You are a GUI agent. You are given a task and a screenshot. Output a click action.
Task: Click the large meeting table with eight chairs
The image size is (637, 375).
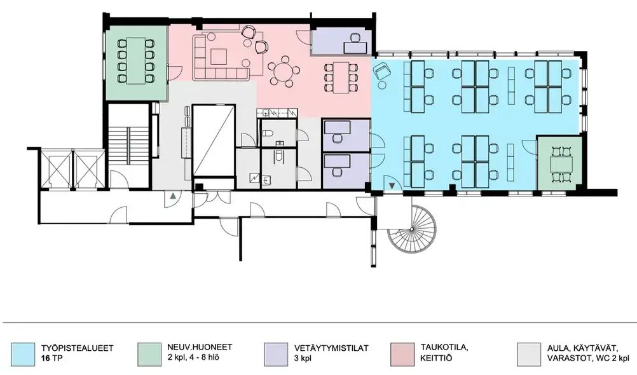(136, 60)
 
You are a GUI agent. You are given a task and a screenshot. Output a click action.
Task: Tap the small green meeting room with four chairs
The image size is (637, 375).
(560, 163)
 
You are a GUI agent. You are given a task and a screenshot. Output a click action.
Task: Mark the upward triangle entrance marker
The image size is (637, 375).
(173, 196)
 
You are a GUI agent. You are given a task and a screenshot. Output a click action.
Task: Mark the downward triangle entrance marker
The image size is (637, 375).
(392, 185)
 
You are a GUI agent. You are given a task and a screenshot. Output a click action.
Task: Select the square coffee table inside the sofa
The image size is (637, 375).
(219, 57)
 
